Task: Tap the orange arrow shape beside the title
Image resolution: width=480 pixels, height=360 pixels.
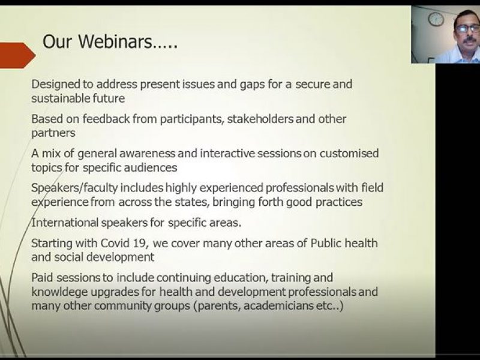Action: point(17,55)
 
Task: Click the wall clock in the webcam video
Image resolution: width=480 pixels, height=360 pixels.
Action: point(436,19)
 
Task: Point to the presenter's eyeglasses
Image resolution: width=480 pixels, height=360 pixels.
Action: point(467,29)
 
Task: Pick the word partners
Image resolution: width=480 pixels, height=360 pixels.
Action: point(53,133)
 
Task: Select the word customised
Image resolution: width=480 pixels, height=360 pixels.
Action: point(349,153)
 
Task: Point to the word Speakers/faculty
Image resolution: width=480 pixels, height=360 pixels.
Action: point(74,188)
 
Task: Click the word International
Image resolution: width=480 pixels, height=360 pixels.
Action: point(65,223)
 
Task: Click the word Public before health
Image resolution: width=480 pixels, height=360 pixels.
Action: point(326,243)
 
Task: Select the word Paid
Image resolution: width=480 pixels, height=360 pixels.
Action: point(43,278)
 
